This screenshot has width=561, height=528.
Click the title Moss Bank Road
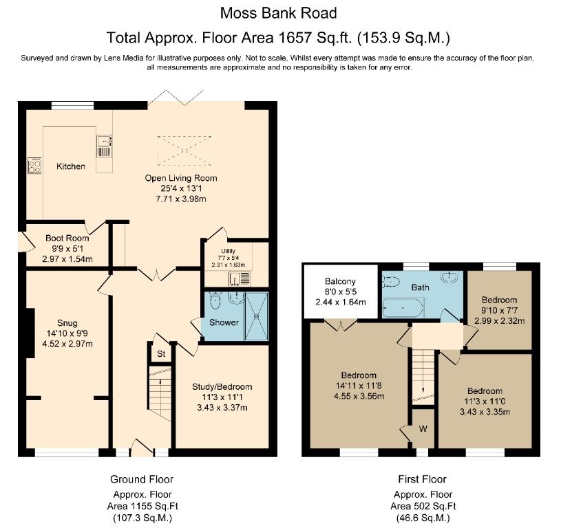click(x=279, y=12)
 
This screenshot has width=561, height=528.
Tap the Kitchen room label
click(x=71, y=166)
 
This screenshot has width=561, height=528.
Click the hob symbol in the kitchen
click(x=34, y=165)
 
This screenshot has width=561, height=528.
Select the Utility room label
click(x=229, y=251)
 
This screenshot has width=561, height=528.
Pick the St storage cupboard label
click(x=161, y=354)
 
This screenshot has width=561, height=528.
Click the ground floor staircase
click(x=160, y=395)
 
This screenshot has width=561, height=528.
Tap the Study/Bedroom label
click(x=222, y=386)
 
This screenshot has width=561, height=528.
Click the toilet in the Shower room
click(x=215, y=300)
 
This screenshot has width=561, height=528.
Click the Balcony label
click(x=340, y=281)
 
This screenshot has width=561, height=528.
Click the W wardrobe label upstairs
click(x=423, y=429)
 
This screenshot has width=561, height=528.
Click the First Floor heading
click(x=421, y=479)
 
